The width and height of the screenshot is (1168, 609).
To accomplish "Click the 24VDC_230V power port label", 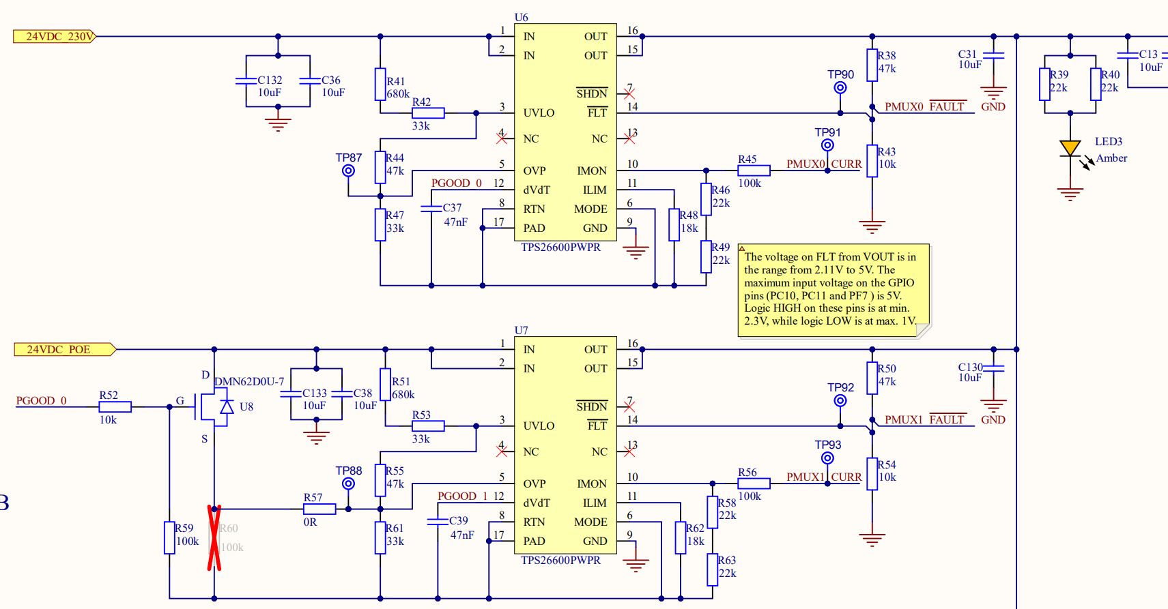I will coord(55,36).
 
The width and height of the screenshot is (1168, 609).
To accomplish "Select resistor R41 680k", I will coord(380,85).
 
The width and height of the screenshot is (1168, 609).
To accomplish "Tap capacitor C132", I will coord(246,80).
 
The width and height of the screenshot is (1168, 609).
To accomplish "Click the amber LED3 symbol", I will coord(1070,148).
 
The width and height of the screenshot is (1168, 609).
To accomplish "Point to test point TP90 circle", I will coord(840,88).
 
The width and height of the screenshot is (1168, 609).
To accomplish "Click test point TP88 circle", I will coord(348,484).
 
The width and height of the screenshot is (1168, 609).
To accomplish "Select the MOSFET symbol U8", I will coord(216,407).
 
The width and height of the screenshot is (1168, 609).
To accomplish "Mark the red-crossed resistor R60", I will coord(214,537).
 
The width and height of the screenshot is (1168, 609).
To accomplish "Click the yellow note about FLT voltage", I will coord(833,289).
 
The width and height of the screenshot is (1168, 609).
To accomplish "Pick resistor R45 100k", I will coord(754,170).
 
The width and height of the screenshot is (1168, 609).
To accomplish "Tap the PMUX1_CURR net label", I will coord(823,477).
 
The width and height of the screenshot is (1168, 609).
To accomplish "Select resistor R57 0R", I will coord(319,509).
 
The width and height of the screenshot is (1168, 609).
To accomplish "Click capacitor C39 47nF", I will coord(438,521).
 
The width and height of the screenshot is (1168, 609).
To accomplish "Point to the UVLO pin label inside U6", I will coord(539,113).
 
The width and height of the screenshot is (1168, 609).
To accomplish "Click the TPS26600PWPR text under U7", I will coord(560,560).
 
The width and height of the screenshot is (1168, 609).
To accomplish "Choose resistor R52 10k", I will coord(115,406).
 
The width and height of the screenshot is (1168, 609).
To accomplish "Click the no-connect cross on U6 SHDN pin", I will coord(629,93).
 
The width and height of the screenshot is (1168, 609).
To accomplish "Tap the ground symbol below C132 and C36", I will coord(277,124).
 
